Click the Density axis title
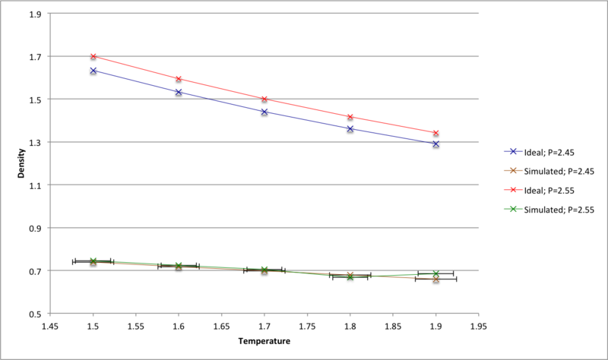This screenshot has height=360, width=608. (23, 163)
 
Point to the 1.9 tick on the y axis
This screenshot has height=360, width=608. (36, 14)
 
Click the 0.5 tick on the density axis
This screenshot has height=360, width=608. (36, 314)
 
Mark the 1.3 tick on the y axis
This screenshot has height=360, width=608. (36, 142)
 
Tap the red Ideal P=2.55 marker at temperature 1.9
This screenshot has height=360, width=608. (436, 133)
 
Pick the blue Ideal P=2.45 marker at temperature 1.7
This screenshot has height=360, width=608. (264, 112)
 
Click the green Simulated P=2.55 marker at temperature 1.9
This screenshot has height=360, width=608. (436, 273)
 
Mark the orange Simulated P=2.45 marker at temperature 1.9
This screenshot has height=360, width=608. (436, 279)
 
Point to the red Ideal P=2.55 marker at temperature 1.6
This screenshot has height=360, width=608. (179, 79)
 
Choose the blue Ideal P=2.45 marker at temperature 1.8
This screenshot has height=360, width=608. (350, 129)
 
